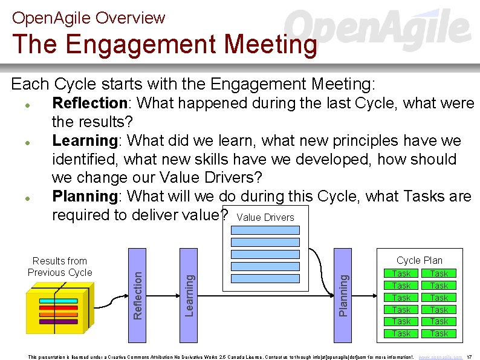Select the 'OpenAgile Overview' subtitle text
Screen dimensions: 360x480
[x=88, y=18]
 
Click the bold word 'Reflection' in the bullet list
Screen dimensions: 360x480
[x=89, y=103]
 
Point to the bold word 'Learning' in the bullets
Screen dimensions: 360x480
[x=85, y=141]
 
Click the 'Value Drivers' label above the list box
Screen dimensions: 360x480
[x=265, y=218]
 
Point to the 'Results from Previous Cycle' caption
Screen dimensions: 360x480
[x=60, y=267]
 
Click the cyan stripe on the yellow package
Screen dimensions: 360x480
[x=58, y=301]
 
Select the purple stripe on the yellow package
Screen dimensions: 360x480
[x=58, y=321]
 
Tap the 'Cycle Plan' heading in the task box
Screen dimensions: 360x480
[x=419, y=260]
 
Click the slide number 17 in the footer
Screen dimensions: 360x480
[x=470, y=357]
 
